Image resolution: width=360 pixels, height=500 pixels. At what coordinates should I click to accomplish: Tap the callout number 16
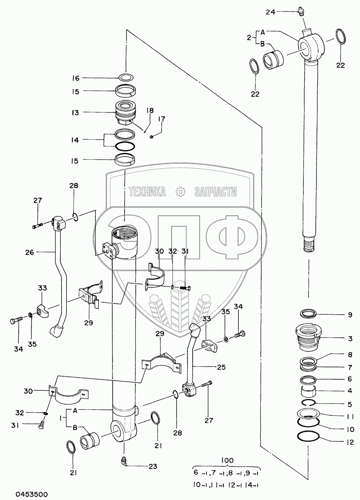point(75,78)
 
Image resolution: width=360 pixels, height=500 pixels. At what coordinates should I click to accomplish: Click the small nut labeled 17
point(151,136)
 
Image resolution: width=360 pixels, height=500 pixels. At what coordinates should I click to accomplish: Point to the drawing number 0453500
point(32,494)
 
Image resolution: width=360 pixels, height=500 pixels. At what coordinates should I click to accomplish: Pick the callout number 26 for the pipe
point(30,252)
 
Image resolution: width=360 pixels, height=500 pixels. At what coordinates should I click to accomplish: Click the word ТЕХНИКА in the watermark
point(148,192)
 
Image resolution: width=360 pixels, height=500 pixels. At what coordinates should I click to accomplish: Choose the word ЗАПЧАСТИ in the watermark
point(215,192)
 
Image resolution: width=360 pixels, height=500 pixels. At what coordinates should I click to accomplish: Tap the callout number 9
point(350,315)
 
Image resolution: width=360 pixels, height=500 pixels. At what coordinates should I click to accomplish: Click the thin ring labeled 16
point(126,77)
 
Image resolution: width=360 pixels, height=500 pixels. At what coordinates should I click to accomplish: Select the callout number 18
point(150,111)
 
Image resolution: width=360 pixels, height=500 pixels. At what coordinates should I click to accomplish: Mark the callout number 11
point(350,417)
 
